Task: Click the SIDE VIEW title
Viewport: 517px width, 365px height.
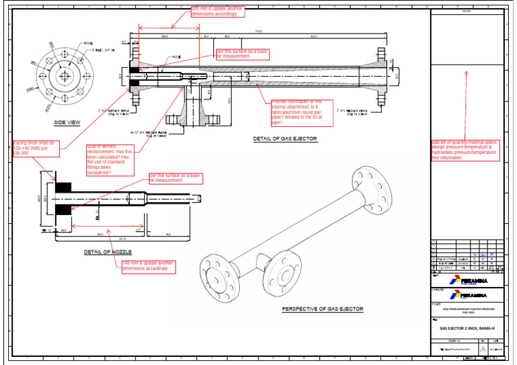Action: click(67, 123)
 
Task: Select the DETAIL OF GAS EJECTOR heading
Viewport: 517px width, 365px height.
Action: click(285, 139)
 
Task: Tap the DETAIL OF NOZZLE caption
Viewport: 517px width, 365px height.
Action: click(108, 252)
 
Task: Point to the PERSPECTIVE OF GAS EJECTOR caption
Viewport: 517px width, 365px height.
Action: click(322, 309)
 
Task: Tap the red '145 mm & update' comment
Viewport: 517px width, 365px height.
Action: click(148, 266)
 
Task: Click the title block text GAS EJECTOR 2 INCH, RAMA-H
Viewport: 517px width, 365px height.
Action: click(467, 328)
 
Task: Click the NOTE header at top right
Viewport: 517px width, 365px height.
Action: click(467, 11)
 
